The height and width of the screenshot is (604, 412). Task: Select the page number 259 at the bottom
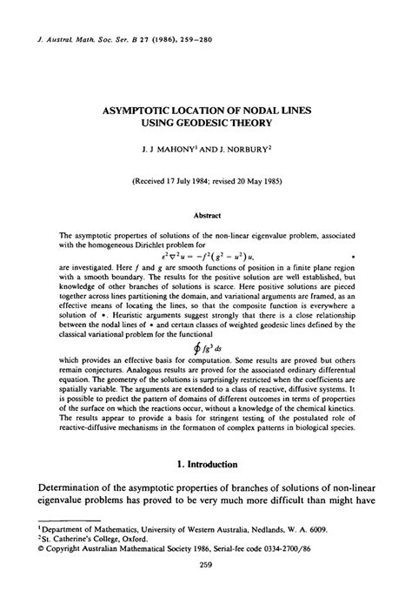click(x=206, y=592)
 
